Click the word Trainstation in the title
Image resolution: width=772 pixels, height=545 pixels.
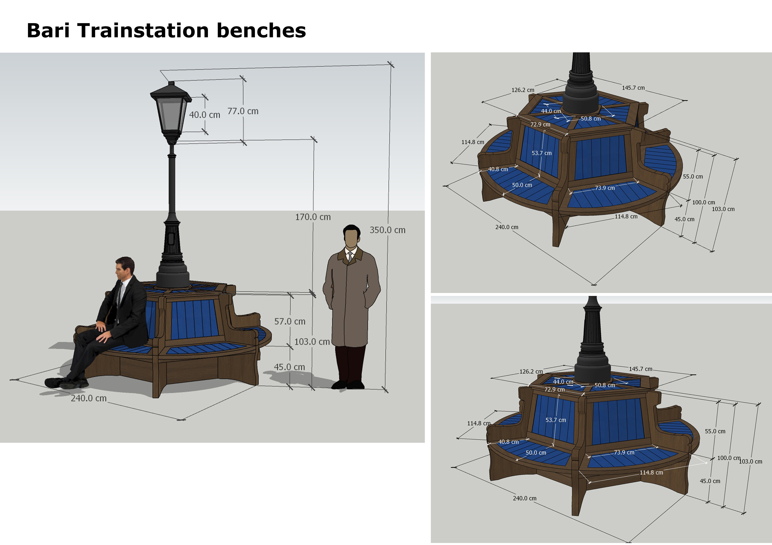pos(143,31)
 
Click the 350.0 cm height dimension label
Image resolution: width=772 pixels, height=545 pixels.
pos(387,230)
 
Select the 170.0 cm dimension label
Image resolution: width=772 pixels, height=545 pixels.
pos(313,217)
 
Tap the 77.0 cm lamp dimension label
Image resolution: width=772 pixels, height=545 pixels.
pos(243,111)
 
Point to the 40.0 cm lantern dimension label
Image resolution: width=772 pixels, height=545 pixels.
pos(204,115)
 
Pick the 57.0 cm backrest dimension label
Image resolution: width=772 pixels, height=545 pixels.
pos(289,321)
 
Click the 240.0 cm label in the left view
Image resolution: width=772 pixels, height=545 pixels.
pos(88,398)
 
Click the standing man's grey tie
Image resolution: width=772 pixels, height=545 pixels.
pos(350,257)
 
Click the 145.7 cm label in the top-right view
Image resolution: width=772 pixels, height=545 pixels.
pos(633,88)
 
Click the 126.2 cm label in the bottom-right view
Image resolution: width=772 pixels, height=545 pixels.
pos(531,371)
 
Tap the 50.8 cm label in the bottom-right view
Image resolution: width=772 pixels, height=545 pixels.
pos(605,385)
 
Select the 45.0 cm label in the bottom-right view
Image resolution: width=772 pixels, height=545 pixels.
pos(710,481)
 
